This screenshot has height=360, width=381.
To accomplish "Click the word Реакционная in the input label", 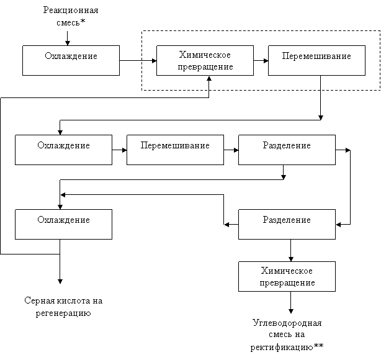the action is (71, 10).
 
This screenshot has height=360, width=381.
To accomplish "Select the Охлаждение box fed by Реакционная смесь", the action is (71, 60).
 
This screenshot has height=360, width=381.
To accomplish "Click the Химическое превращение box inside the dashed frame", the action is (205, 60).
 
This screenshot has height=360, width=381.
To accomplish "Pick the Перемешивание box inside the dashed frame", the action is (316, 60).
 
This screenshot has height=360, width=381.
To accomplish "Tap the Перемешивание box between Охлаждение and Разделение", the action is (175, 150).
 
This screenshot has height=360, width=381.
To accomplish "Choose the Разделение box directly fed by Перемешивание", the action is (287, 150).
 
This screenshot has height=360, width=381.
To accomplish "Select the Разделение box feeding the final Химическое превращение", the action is (287, 224).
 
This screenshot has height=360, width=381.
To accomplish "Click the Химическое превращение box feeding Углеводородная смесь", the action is (287, 276).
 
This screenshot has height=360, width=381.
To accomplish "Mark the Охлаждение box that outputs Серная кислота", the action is (64, 224).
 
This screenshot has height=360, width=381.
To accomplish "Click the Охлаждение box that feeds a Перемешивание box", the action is (64, 150).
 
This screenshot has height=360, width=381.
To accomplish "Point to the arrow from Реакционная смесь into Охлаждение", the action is (68, 38).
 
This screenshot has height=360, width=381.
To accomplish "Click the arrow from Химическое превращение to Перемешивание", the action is (261, 61).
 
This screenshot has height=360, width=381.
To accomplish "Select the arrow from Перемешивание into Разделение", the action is (231, 150).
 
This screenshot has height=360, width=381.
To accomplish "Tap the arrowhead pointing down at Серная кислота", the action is (60, 282).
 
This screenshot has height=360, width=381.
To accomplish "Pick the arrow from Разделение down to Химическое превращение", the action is (291, 250).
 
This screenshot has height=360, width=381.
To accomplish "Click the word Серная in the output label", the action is (40, 301).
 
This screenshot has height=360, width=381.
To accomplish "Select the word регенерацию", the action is (63, 313).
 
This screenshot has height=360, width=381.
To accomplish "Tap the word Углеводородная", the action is (287, 323).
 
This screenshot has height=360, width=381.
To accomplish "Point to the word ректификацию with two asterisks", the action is (287, 347).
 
